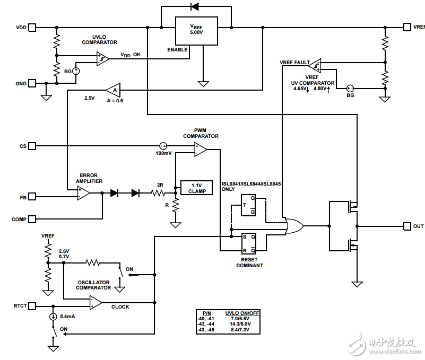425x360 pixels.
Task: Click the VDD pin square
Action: click(33, 27)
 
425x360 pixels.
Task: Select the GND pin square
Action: click(33, 83)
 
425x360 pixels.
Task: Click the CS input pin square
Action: click(33, 146)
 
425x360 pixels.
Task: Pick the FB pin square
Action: click(33, 197)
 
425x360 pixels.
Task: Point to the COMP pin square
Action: click(33, 218)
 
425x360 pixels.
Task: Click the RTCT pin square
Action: click(33, 306)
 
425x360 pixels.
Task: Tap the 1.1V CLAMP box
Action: click(196, 188)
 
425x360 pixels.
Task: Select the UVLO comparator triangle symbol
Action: click(103, 58)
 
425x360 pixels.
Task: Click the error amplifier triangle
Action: click(83, 194)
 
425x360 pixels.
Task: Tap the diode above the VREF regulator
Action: click(194, 7)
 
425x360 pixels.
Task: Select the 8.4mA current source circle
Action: click(53, 317)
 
